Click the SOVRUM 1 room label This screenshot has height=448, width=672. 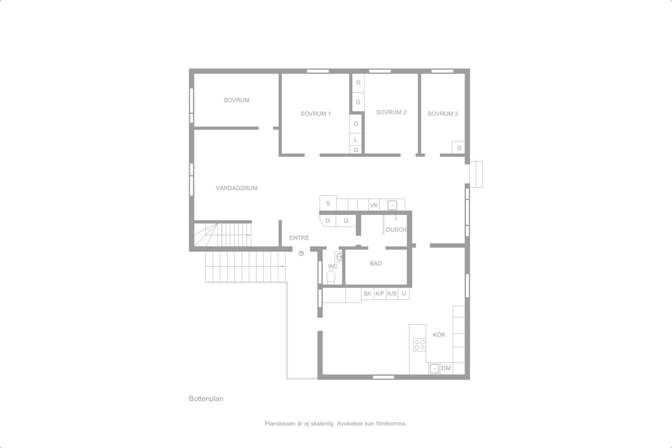pyautogui.click(x=315, y=114)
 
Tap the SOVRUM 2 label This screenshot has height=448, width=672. pyautogui.click(x=391, y=112)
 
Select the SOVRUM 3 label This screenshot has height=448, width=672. pyautogui.click(x=442, y=114)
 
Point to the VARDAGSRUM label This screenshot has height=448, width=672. pyautogui.click(x=236, y=188)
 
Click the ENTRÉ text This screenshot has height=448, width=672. pyautogui.click(x=299, y=238)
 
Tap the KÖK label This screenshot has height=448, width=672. pyautogui.click(x=439, y=335)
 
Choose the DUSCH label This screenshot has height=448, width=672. pyautogui.click(x=396, y=230)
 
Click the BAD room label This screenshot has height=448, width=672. pyautogui.click(x=376, y=264)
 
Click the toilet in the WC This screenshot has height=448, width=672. pyautogui.click(x=331, y=278)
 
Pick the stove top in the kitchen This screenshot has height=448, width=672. pyautogui.click(x=420, y=345)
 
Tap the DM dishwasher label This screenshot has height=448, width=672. pyautogui.click(x=446, y=368)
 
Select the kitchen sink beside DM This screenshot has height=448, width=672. pyautogui.click(x=434, y=369)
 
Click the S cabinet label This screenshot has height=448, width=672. pyautogui.click(x=328, y=203)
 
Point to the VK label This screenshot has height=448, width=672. pyautogui.click(x=374, y=205)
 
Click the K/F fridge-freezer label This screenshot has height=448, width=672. pyautogui.click(x=380, y=294)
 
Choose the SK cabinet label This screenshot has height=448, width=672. pyautogui.click(x=367, y=294)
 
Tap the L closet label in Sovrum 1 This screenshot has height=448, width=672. pyautogui.click(x=356, y=140)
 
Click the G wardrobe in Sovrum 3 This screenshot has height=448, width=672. pyautogui.click(x=459, y=148)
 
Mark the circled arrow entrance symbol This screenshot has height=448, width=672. pyautogui.click(x=301, y=253)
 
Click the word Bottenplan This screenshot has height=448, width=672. pyautogui.click(x=206, y=399)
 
